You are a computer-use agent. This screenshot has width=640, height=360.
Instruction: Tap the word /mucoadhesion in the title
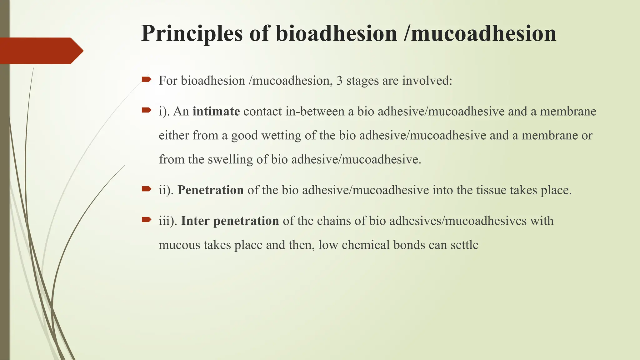480,34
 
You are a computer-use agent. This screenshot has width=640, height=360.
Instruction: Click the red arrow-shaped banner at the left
41,51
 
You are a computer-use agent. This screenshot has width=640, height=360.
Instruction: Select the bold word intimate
216,111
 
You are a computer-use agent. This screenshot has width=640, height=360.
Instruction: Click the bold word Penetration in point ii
211,190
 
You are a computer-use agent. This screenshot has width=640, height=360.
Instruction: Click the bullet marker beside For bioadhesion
146,80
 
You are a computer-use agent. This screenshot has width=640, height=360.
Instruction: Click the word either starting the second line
174,135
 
